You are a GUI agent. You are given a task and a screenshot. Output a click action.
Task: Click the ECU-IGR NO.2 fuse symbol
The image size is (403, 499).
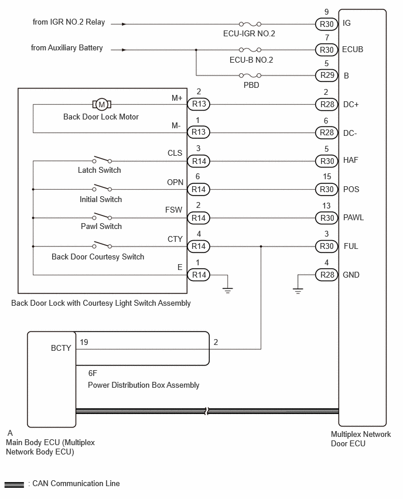tap(250, 24)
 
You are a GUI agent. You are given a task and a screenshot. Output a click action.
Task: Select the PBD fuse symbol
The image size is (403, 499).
tap(250, 76)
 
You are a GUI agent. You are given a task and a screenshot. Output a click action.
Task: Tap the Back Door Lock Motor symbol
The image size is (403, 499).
tap(101, 104)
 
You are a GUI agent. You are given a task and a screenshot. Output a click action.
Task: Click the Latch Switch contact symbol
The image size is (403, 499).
tap(102, 159)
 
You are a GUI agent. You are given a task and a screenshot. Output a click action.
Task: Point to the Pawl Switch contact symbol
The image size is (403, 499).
tap(102, 216)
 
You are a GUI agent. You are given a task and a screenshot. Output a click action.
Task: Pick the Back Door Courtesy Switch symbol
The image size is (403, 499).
tap(102, 244)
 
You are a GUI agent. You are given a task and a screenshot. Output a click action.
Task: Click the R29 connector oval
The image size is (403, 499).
tap(327, 76)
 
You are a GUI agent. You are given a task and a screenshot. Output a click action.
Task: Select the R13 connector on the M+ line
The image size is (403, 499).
tap(199, 104)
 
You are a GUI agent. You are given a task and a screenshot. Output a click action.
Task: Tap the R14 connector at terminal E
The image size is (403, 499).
tap(199, 275)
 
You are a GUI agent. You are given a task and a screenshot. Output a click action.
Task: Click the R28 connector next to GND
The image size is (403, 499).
tap(327, 275)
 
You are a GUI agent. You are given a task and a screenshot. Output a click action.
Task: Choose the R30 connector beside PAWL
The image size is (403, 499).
tap(327, 218)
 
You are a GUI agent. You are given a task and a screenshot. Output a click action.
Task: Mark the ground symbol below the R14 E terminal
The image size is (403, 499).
tap(228, 290)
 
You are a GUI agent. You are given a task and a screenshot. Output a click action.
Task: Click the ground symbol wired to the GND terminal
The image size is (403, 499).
tap(298, 290)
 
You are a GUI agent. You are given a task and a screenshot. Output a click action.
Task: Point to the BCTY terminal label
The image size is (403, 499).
tap(61, 348)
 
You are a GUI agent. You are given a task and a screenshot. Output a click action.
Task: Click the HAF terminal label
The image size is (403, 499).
tap(350, 160)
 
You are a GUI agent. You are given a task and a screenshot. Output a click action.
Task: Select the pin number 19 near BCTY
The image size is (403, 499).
tap(84, 342)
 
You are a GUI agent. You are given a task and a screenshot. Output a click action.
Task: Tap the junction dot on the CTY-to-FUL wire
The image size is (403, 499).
tap(261, 247)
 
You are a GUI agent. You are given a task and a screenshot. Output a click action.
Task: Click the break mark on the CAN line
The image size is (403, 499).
tap(207, 411)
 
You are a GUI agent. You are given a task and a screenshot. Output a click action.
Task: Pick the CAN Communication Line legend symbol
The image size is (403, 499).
tap(14, 485)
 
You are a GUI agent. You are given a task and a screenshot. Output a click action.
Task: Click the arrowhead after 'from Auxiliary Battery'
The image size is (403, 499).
tap(124, 50)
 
